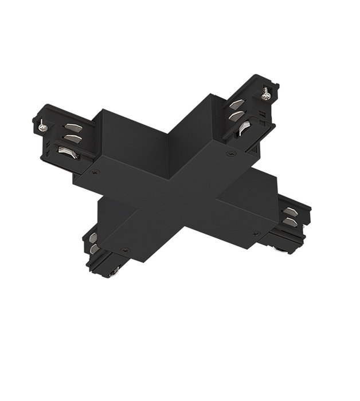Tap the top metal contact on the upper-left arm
coord(73,127)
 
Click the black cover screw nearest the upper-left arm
coord(96,172)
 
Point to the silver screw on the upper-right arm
coord(265,95)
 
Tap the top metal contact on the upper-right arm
coord(237,104)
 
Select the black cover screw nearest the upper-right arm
coord(231,153)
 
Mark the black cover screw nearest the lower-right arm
coord(255,233)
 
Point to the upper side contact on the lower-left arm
coord(93,238)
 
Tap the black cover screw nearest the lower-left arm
coord(125,250)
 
